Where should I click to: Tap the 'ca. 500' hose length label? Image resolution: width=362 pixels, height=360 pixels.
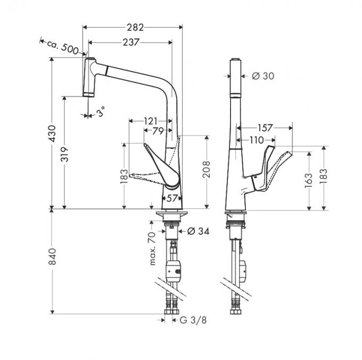(66, 47)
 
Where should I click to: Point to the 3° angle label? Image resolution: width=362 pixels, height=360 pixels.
(101, 112)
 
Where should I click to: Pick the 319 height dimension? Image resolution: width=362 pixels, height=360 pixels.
(64, 154)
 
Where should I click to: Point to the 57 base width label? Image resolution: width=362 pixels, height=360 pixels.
(171, 198)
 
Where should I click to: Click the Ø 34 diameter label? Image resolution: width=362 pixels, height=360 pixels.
(197, 231)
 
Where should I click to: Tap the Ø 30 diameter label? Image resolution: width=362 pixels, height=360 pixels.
(263, 76)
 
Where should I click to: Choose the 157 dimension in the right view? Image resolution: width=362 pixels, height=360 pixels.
(265, 128)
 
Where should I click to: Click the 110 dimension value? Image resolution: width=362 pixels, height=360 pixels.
(256, 140)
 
